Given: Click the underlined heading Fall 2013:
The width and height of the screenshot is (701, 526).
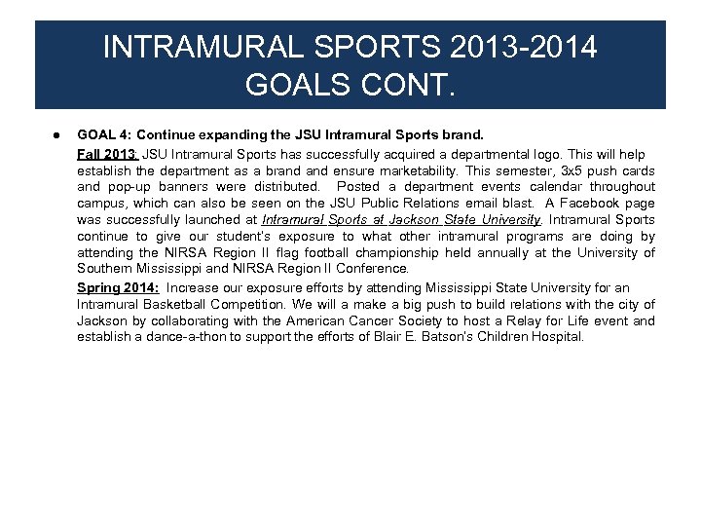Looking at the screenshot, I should point(109,154).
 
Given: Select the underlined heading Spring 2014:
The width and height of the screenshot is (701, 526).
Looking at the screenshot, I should point(120,287).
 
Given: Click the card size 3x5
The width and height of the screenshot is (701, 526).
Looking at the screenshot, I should point(571,170).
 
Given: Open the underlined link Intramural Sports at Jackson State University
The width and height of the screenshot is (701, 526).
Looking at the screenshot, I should point(400,220).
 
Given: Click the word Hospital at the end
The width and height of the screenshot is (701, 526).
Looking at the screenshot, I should point(555,337).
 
